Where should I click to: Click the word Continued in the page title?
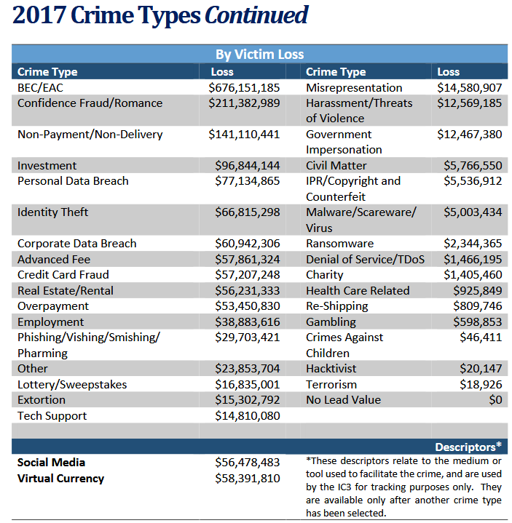tap(256, 15)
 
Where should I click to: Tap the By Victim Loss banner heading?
tap(259, 55)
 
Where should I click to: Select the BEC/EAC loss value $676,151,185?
tap(244, 87)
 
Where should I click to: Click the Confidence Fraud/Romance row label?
tap(90, 103)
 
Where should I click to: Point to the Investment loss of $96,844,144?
tap(247, 166)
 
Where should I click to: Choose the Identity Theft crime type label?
tap(53, 212)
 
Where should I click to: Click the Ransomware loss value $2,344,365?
tap(472, 244)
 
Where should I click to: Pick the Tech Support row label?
tap(52, 416)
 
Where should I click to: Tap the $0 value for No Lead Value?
tap(495, 400)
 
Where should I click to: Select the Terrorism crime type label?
tap(331, 384)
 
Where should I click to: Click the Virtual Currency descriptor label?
tap(60, 479)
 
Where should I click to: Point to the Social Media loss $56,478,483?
tap(247, 463)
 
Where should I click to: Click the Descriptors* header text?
tap(468, 447)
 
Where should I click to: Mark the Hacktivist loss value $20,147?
tap(480, 369)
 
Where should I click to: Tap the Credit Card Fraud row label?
tap(63, 275)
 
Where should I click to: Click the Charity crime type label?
tap(324, 275)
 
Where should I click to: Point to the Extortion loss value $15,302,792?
tap(247, 400)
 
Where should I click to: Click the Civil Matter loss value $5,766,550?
tap(472, 166)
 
